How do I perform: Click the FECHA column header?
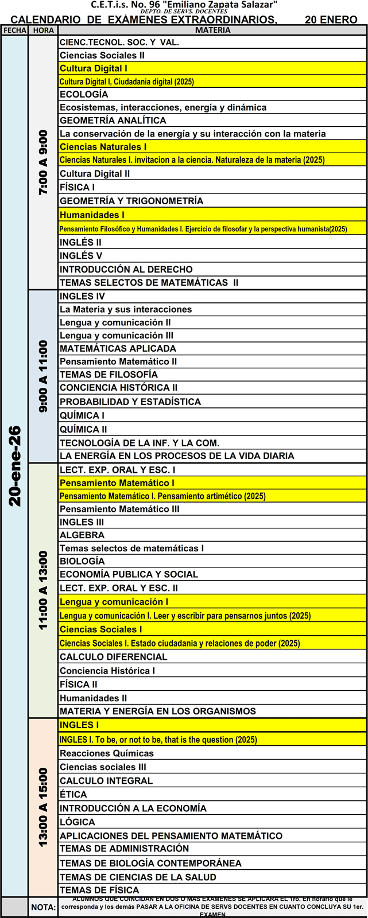[14, 30]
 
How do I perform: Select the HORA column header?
[43, 30]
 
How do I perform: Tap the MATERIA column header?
[212, 30]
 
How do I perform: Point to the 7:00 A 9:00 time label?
[44, 162]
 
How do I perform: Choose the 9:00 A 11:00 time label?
[44, 376]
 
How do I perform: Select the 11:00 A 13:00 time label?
[44, 590]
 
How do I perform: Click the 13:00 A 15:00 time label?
[44, 807]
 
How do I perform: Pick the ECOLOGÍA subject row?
[84, 94]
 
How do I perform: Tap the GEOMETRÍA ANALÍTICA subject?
[113, 120]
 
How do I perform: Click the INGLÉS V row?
[81, 256]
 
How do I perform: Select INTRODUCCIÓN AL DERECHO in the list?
[126, 269]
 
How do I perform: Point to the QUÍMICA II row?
[83, 429]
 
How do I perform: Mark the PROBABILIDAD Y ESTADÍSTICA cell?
[130, 402]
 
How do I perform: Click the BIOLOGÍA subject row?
[82, 561]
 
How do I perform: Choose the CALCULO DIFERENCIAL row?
[114, 657]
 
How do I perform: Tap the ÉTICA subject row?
[73, 795]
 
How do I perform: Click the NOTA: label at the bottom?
[44, 907]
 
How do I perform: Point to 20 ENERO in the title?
[331, 20]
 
